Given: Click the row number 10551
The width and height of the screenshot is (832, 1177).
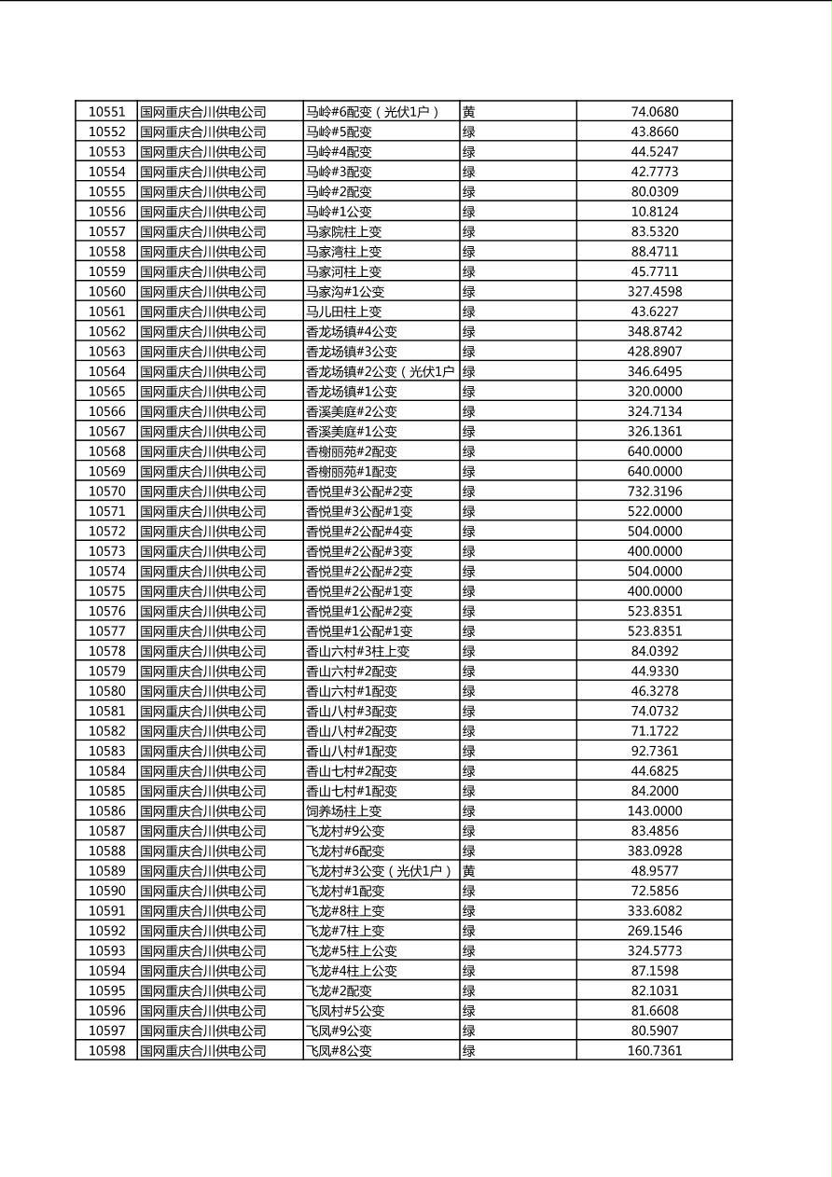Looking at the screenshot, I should pos(106,112).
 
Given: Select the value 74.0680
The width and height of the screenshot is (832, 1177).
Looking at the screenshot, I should pos(654,112).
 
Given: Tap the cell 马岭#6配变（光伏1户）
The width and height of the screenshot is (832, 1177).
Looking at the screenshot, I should pos(372,112).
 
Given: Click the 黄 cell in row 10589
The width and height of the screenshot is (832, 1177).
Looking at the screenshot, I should pos(469,871).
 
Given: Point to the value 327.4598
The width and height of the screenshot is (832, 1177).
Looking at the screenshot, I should pos(654,292).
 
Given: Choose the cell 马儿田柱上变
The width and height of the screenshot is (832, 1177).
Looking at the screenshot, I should pos(344,312).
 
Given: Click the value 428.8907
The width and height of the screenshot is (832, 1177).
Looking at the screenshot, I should pos(654,352).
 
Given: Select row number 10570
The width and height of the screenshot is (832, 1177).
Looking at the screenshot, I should pos(106,492).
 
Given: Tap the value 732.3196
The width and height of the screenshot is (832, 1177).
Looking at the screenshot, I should pos(654,492).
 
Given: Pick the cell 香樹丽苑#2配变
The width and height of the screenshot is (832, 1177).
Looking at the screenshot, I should pos(352,451).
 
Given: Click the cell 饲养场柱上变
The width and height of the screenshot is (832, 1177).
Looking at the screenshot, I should pos(344,811).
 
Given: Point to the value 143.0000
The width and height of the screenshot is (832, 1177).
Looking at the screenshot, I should pos(654,811).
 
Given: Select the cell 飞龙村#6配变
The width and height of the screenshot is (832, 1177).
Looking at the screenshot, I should pos(345,851).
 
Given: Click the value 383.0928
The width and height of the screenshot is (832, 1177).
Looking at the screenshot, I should pos(654,851).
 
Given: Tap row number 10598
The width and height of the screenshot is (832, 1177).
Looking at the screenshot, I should pos(106,1051).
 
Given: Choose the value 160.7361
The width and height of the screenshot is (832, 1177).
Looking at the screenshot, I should pos(654,1051).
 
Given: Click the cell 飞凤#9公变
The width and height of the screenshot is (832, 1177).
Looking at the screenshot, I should pos(339,1031).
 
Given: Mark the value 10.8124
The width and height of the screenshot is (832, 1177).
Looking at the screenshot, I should pos(654,212).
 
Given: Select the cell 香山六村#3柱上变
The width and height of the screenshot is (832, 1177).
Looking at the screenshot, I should pos(358,651).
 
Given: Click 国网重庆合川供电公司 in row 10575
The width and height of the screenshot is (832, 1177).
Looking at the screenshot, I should pos(203,591).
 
